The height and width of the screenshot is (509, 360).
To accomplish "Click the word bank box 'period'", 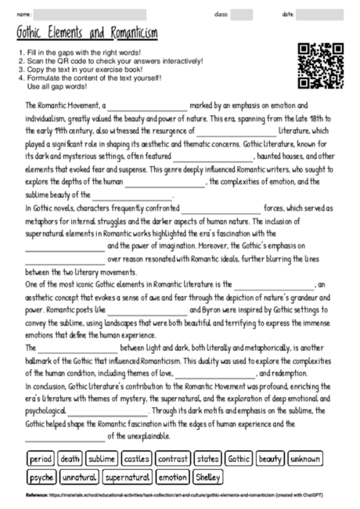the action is click(40, 459).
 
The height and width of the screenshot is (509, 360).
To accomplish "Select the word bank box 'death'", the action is click(70, 459).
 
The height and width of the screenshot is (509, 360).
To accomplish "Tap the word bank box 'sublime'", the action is click(103, 459).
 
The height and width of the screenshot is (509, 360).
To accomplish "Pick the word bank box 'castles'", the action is click(137, 459).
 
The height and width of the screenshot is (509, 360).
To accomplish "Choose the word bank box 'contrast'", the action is click(173, 459).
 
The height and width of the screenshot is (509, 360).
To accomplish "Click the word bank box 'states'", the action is click(208, 459).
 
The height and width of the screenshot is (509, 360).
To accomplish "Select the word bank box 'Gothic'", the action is click(239, 459).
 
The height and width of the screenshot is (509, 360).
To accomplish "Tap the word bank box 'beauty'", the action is click(271, 459).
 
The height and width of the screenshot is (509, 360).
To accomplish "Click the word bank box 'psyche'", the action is click(41, 476).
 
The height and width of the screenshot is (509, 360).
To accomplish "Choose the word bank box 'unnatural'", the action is click(79, 476).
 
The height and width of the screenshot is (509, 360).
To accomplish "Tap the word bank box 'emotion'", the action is click(172, 476).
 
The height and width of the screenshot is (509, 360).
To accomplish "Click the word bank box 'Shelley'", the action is click(208, 476).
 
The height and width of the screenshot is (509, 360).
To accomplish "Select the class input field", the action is click(241, 15).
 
